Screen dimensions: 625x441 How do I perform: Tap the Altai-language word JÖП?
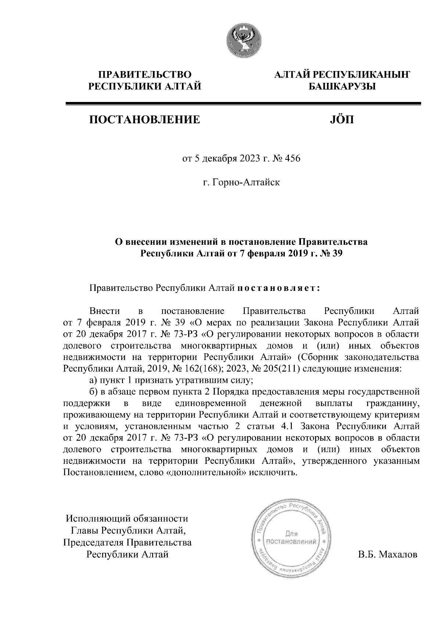[342, 119]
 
